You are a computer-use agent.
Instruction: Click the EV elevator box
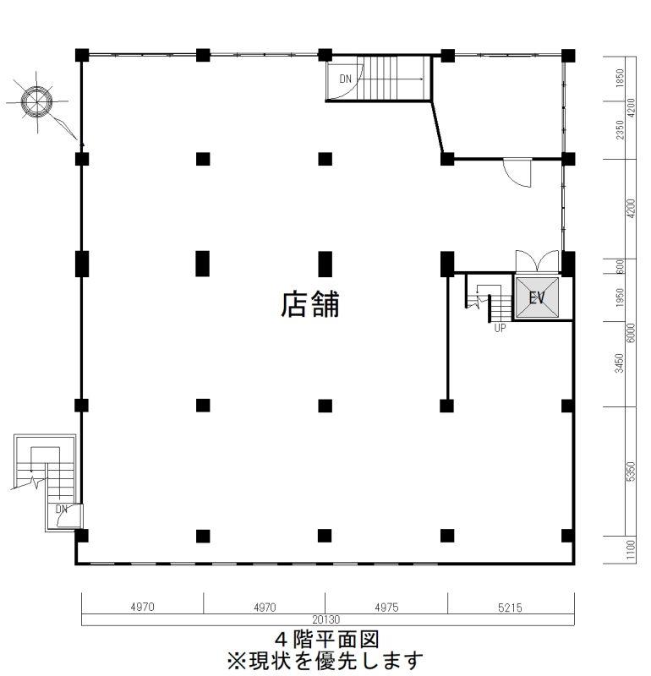537,297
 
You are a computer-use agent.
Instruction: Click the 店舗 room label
310,304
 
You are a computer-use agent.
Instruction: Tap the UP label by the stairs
500,328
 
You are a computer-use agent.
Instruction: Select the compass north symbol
36,102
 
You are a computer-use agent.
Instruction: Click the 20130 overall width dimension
326,619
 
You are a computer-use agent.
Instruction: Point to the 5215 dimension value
510,608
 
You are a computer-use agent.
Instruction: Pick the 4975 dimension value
386,608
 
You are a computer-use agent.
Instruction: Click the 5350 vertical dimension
631,472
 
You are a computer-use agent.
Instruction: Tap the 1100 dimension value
631,550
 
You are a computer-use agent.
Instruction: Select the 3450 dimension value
620,363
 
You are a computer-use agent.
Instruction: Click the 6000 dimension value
631,332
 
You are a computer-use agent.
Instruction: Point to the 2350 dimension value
620,130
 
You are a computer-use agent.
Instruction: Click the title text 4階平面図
327,640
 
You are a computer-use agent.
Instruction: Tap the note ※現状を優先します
325,661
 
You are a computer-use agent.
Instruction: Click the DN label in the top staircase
346,79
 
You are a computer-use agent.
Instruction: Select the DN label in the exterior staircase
62,510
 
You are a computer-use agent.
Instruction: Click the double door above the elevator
537,261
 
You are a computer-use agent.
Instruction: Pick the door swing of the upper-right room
517,173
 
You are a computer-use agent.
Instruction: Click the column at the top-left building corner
82,55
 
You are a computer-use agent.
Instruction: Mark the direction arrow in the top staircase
391,79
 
